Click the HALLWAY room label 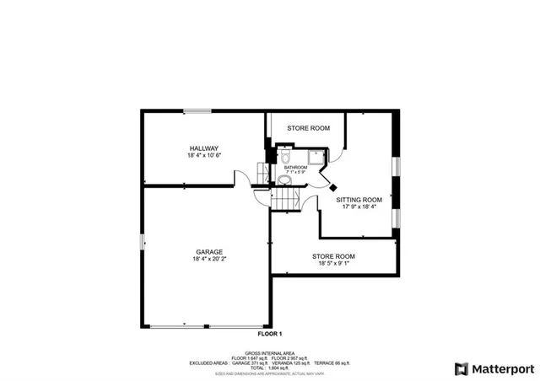point(204,148)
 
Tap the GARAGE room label point(208,251)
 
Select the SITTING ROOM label point(359,200)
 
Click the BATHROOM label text point(295,167)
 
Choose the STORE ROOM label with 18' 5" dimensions point(333,256)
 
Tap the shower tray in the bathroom point(316,156)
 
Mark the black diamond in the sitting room point(333,187)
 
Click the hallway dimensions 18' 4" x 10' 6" point(204,156)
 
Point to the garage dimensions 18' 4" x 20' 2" point(208,260)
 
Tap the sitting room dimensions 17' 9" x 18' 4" point(359,207)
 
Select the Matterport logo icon point(461,368)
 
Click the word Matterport point(499,368)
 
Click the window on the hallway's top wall point(199,110)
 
